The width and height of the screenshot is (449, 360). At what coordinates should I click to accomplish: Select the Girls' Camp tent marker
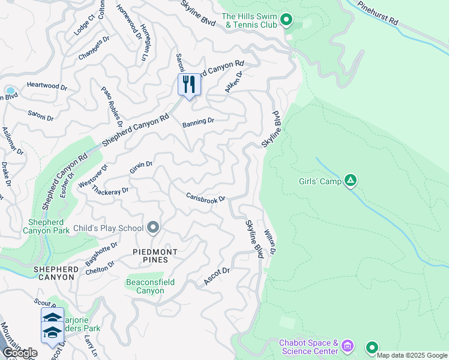(351, 181)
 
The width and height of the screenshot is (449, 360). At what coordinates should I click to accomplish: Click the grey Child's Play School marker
(153, 227)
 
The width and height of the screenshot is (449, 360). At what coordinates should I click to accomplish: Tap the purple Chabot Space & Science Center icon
(346, 346)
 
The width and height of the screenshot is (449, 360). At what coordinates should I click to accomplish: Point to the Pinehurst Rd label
(377, 13)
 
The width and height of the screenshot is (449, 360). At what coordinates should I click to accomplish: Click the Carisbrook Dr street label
(205, 197)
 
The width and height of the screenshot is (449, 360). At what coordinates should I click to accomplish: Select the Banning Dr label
(198, 122)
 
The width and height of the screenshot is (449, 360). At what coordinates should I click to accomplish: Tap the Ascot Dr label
(217, 275)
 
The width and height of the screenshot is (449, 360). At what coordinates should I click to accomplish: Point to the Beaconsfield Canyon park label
(145, 286)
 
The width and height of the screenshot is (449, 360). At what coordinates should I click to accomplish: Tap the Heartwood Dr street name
(47, 86)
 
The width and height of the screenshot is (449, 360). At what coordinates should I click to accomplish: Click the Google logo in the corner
(20, 353)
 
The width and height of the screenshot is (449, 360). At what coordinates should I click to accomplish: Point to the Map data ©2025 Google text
(412, 355)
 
